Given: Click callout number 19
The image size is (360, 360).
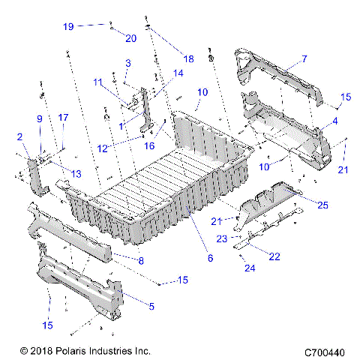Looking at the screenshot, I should (68, 26).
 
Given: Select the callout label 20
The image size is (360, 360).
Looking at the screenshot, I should (130, 38).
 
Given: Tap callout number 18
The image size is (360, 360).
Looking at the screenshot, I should (187, 58).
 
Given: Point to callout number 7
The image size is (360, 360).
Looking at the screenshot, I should (304, 58).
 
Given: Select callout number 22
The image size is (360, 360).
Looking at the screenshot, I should (274, 256).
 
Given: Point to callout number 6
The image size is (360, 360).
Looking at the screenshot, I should (210, 259).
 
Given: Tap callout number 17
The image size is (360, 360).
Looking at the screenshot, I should (63, 117).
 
